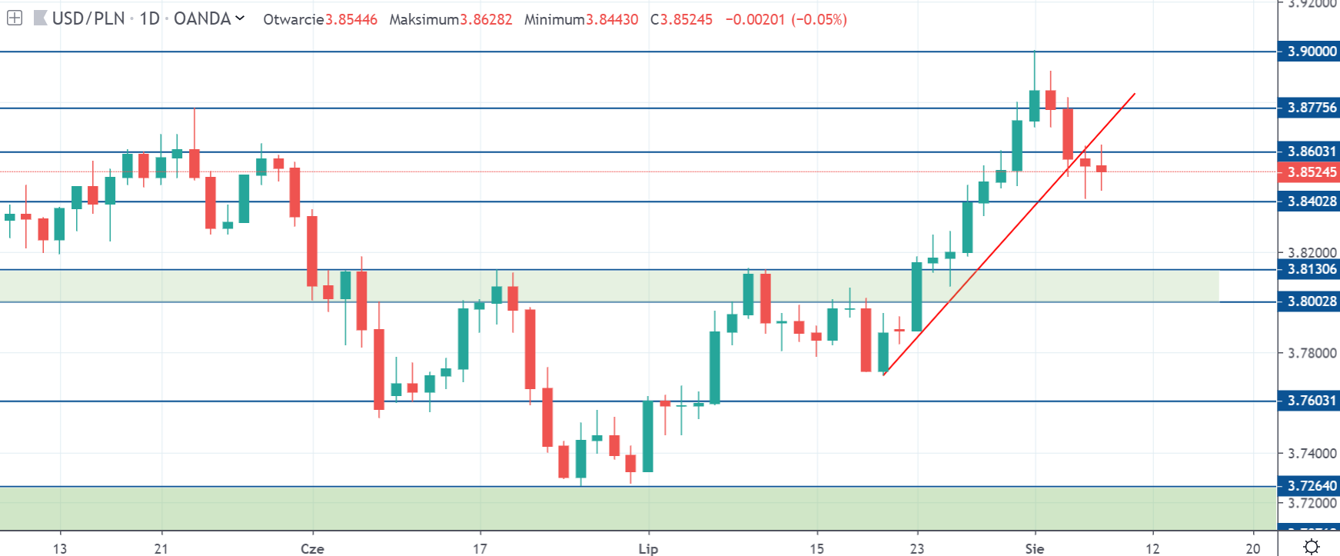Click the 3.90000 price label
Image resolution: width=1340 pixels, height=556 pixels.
(x=1312, y=52)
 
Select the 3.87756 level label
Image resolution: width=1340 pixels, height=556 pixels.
(x=1312, y=108)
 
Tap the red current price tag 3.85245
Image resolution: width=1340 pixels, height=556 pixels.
(x=1312, y=172)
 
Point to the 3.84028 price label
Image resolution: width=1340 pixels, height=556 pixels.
(x=1312, y=201)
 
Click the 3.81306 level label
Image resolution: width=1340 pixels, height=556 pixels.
(x=1312, y=269)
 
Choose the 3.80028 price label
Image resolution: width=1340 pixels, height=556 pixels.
(x=1312, y=301)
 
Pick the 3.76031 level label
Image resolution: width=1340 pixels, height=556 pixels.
(x=1312, y=401)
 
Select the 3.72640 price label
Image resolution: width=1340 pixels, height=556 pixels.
(x=1312, y=486)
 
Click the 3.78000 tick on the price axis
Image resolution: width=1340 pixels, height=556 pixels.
(x=1312, y=353)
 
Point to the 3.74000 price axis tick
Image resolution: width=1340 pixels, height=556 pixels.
(x=1312, y=454)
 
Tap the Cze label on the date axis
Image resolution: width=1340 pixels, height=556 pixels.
(x=312, y=548)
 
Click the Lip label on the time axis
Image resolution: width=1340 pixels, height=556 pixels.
(x=648, y=548)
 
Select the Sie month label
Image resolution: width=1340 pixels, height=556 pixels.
(x=1035, y=548)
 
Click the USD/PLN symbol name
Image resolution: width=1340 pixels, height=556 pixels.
(x=88, y=18)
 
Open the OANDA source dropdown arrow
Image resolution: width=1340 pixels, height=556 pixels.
(x=240, y=18)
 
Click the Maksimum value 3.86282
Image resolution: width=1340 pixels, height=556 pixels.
(x=486, y=19)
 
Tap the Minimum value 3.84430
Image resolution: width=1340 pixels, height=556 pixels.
(x=612, y=19)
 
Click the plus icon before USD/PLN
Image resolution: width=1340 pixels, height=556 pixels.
(x=15, y=18)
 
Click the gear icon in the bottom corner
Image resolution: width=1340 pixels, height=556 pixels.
(x=1312, y=547)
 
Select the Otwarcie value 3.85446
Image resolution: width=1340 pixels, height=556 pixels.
(x=351, y=19)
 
